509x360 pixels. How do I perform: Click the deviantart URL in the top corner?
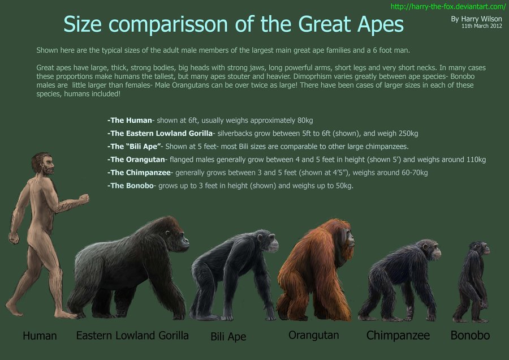coord(448,6)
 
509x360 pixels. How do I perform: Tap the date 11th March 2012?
coord(481,26)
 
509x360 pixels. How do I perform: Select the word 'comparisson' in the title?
coord(162,25)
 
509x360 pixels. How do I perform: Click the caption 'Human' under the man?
coord(40,336)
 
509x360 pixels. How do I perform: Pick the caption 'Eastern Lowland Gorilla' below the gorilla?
coord(132,335)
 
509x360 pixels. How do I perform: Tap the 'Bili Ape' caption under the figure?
coord(228,337)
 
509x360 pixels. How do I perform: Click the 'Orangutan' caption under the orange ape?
coord(313,335)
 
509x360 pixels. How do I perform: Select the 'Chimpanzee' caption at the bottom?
coord(398,335)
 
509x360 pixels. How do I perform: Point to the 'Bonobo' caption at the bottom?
coord(470,335)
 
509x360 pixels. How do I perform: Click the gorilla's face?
coord(175,232)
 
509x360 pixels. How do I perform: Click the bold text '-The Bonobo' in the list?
coord(130,186)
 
